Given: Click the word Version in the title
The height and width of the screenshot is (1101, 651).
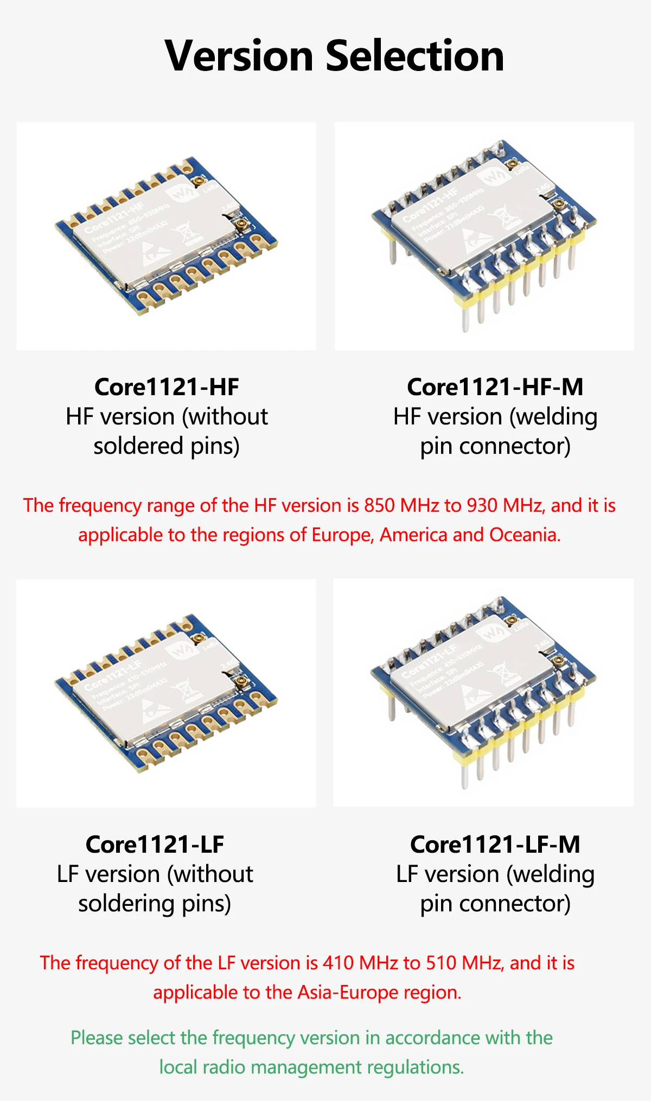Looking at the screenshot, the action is [239, 56].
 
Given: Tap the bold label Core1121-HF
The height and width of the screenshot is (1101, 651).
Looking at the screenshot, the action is [167, 387].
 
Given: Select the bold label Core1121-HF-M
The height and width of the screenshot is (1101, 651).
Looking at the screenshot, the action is [495, 387].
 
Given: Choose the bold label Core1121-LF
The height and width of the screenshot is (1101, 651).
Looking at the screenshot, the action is [155, 845].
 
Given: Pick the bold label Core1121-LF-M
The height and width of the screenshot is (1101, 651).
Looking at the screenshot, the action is [495, 845].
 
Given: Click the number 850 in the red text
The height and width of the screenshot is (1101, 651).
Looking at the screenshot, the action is [380, 505].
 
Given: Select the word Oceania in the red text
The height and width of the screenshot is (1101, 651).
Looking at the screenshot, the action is [525, 535].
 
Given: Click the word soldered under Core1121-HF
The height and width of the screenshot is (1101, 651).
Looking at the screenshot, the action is [138, 446].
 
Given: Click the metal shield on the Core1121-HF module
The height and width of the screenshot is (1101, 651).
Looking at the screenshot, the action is [157, 233].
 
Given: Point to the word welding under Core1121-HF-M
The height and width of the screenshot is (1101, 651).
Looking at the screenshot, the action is [556, 417].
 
